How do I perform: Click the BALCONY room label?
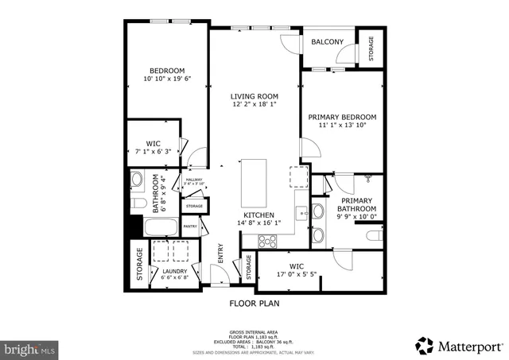pyautogui.click(x=327, y=41)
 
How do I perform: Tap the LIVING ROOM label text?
pyautogui.click(x=254, y=96)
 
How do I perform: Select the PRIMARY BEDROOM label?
pyautogui.click(x=342, y=117)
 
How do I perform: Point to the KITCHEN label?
pyautogui.click(x=259, y=215)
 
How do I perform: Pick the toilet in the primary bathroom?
pyautogui.click(x=374, y=236)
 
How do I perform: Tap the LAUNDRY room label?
pyautogui.click(x=175, y=271)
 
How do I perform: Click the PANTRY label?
pyautogui.click(x=191, y=226)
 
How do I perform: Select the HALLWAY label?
pyautogui.click(x=195, y=180)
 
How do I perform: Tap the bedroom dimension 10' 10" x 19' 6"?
pyautogui.click(x=167, y=79)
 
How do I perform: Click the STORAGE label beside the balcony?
pyautogui.click(x=371, y=48)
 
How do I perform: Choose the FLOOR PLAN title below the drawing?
pyautogui.click(x=254, y=303)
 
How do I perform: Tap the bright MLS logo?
pyautogui.click(x=30, y=347)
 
